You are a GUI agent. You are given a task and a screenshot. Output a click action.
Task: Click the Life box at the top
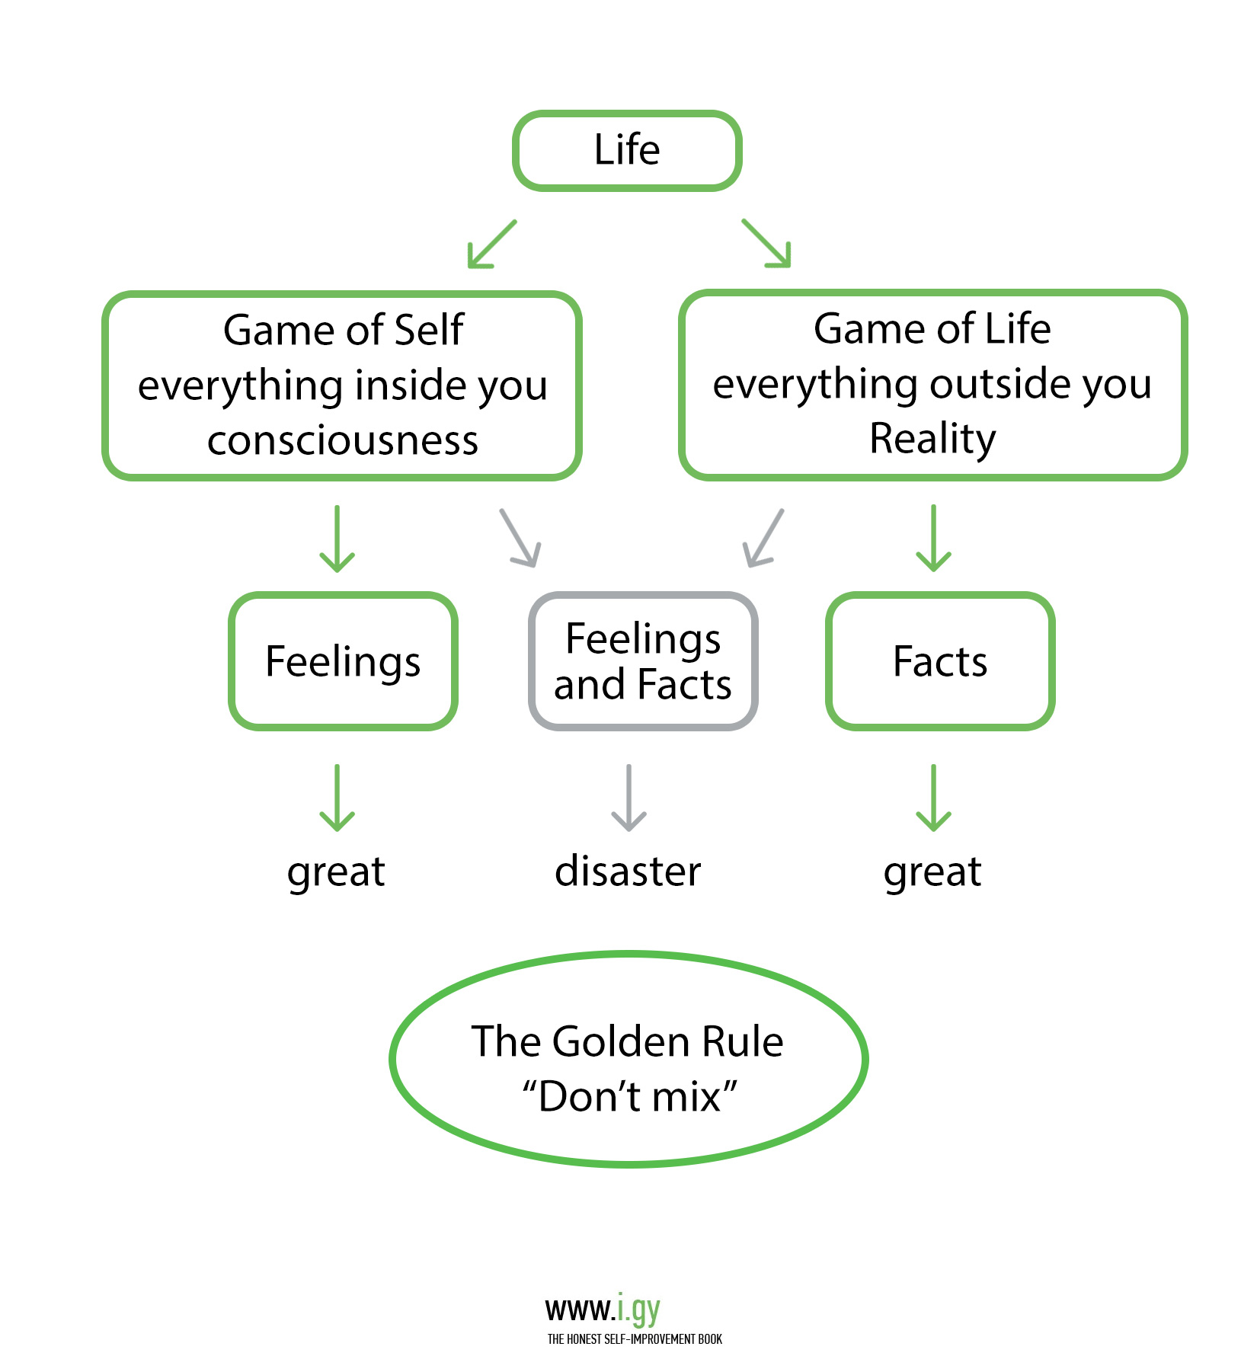627,150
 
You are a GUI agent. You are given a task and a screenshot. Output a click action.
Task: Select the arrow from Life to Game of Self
491,245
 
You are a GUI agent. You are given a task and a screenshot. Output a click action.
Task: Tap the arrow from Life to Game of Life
766,243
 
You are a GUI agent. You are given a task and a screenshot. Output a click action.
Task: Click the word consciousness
343,440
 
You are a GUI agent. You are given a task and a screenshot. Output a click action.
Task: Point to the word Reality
932,438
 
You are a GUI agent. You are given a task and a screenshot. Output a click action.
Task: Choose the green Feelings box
343,660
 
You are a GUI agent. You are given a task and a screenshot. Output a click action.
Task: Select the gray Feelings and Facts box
643,660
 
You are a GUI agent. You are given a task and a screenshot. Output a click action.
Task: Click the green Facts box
940,660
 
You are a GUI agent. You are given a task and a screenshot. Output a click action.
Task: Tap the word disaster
628,871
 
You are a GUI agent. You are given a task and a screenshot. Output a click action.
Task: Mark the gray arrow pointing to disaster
629,798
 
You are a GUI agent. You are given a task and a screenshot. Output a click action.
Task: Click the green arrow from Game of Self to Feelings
337,539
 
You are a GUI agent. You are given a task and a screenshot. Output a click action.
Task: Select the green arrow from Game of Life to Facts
933,538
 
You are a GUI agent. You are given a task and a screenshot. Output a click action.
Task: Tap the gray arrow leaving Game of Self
520,538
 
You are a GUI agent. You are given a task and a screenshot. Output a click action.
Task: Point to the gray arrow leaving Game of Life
763,538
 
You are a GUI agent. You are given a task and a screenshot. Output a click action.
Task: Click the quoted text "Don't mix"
629,1097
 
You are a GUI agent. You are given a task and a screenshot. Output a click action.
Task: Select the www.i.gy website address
603,1309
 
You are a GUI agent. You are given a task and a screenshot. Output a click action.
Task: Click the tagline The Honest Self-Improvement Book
635,1338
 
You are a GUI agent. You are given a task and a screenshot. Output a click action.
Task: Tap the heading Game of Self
343,330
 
